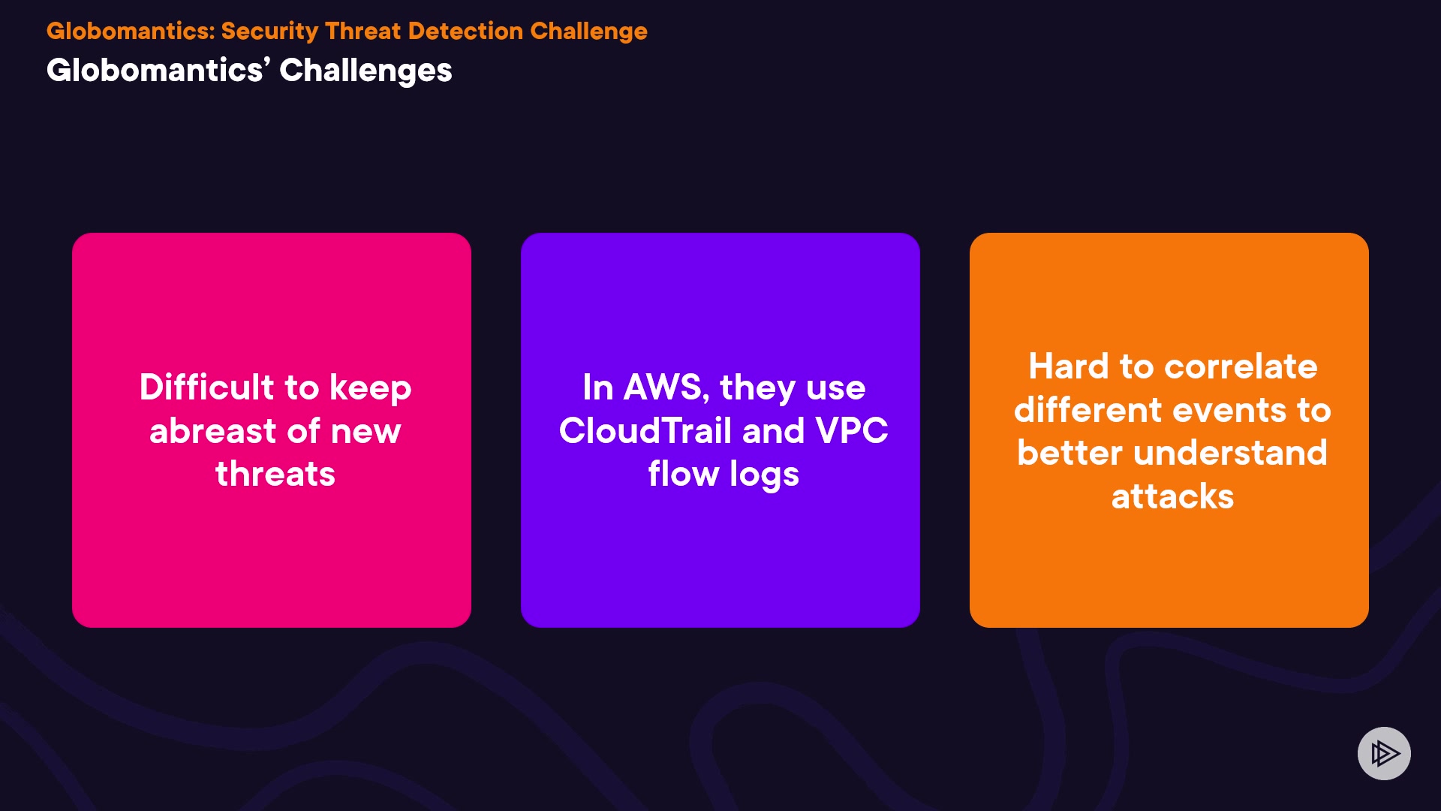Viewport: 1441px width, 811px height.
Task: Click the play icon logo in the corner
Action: tap(1384, 753)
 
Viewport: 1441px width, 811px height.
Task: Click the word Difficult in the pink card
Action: tap(207, 387)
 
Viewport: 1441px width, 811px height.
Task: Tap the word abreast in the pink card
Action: tap(213, 430)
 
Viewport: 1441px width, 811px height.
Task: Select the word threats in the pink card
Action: tap(275, 474)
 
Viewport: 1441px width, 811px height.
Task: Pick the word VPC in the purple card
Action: tap(852, 430)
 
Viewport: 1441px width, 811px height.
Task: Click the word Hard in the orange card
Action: tap(1069, 366)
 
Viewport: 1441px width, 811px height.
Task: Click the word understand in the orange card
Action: tap(1230, 453)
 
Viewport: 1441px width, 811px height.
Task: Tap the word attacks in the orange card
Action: tap(1172, 496)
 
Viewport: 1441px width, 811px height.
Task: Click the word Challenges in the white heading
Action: tap(366, 71)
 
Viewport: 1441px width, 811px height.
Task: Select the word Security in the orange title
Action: tap(269, 32)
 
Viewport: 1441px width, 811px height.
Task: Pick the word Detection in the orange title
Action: tap(465, 31)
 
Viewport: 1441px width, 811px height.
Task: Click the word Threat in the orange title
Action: tap(363, 31)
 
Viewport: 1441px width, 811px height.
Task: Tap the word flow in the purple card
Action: tap(683, 474)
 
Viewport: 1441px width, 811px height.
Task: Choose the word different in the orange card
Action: tap(1088, 410)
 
